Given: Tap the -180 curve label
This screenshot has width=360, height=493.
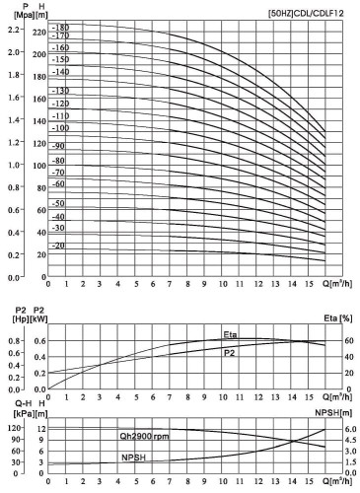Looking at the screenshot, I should (61, 27).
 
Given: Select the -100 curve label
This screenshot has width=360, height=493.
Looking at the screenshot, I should (61, 128).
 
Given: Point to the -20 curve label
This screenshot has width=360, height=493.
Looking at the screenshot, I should (59, 245).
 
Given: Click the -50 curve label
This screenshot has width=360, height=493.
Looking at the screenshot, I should (59, 203).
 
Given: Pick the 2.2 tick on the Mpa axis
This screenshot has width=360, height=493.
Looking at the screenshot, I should (13, 30).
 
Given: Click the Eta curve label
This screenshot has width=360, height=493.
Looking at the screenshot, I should (229, 332).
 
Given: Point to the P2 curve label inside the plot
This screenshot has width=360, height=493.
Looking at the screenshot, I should (229, 351).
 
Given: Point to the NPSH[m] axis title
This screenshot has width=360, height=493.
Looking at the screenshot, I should (335, 410).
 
